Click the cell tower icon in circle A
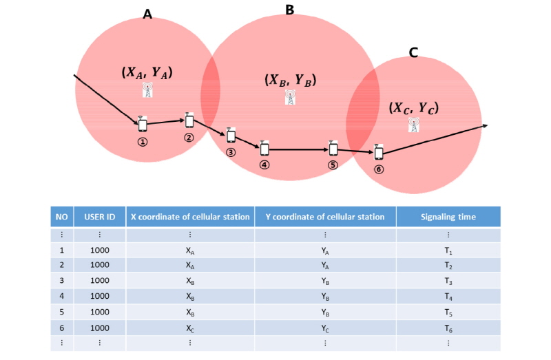147,90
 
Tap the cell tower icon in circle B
290,97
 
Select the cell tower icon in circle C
414,125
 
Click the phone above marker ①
143,124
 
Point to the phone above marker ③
231,135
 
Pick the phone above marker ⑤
333,148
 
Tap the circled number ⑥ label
378,169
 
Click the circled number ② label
189,138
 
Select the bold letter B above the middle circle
289,10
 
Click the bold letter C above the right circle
414,52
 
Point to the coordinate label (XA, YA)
147,72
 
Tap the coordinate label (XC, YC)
414,108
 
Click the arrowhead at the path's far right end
486,125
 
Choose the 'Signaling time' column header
448,217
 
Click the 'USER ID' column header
99,217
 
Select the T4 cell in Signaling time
448,297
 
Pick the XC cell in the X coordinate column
190,329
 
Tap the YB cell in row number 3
325,281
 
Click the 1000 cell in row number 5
100,312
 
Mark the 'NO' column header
62,217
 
